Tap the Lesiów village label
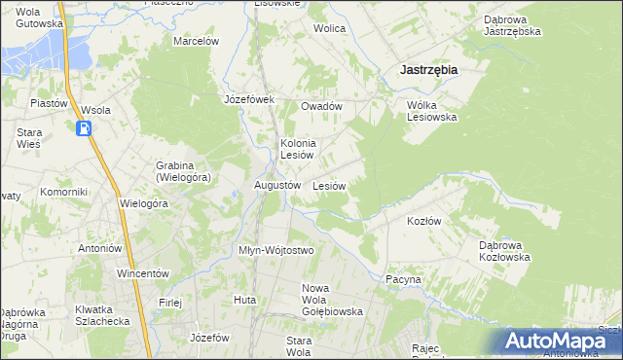tap(330, 185)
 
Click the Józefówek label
tap(250, 99)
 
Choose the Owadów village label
tap(321, 106)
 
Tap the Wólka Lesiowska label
tap(431, 110)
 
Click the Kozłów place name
tap(423, 221)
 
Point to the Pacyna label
tap(403, 279)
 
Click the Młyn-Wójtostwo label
tap(276, 250)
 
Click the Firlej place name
tap(170, 302)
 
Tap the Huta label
tap(244, 300)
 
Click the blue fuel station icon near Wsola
tap(85, 128)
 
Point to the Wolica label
tap(329, 28)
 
